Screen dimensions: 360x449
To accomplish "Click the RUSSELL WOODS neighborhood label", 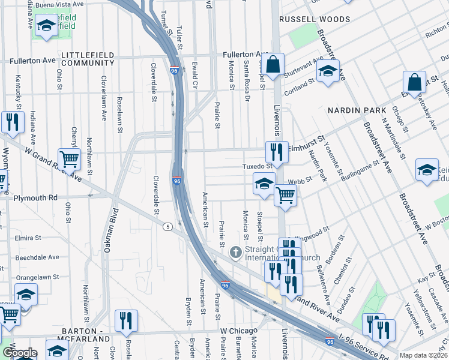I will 316,19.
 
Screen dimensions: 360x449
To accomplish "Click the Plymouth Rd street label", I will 35,197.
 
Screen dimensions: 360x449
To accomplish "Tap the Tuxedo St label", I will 257,166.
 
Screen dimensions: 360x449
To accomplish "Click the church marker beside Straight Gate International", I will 235,251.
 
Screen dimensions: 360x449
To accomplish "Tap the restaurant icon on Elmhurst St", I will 277,151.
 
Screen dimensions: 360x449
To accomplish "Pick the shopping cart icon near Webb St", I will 285,194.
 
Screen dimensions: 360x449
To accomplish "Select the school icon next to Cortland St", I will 328,71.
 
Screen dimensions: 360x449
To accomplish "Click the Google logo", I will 19,353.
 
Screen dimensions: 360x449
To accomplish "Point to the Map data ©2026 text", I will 423,355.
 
